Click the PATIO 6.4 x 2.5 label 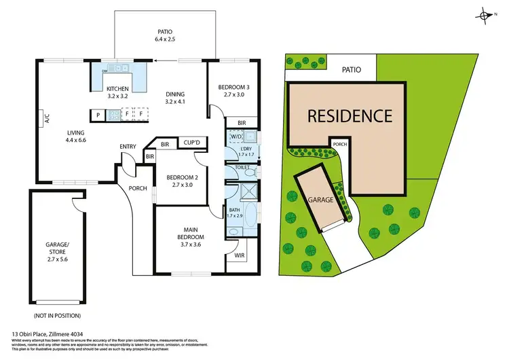point(165,35)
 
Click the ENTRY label point(128,146)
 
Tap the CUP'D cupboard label point(191,143)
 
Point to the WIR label point(239,256)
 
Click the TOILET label point(242,166)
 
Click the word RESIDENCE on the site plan point(350,115)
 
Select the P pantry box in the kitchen point(98,115)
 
